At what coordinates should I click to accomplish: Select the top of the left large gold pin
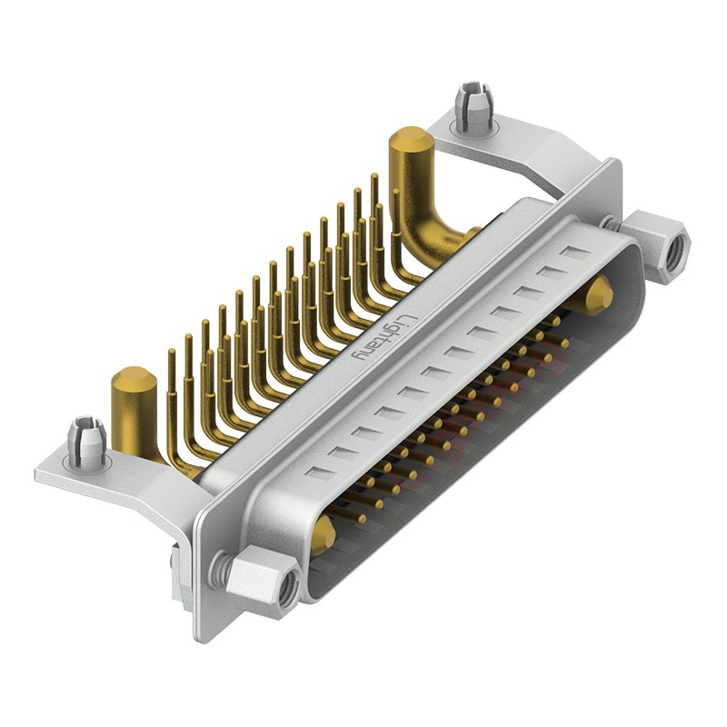[133, 380]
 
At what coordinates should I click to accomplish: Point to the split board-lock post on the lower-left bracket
[86, 438]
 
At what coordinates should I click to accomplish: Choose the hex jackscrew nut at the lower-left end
[264, 582]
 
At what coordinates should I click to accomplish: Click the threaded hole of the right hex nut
[673, 252]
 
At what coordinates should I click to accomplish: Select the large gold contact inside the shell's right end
[598, 295]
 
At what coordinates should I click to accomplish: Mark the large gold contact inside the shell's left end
[323, 536]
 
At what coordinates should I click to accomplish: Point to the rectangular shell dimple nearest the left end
[318, 473]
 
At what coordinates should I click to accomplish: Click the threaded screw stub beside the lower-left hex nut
[219, 571]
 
